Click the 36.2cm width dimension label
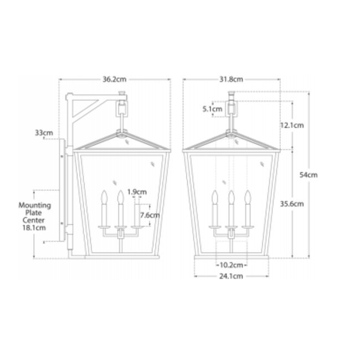tap(114, 79)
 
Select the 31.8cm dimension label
tap(231, 79)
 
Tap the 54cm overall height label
tap(308, 175)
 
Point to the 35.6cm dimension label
tap(292, 204)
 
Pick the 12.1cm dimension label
tap(292, 125)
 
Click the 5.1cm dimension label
tap(212, 109)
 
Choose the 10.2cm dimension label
tap(231, 265)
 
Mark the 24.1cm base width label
tap(231, 276)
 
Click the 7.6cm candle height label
tap(150, 215)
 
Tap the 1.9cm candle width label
tap(137, 192)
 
